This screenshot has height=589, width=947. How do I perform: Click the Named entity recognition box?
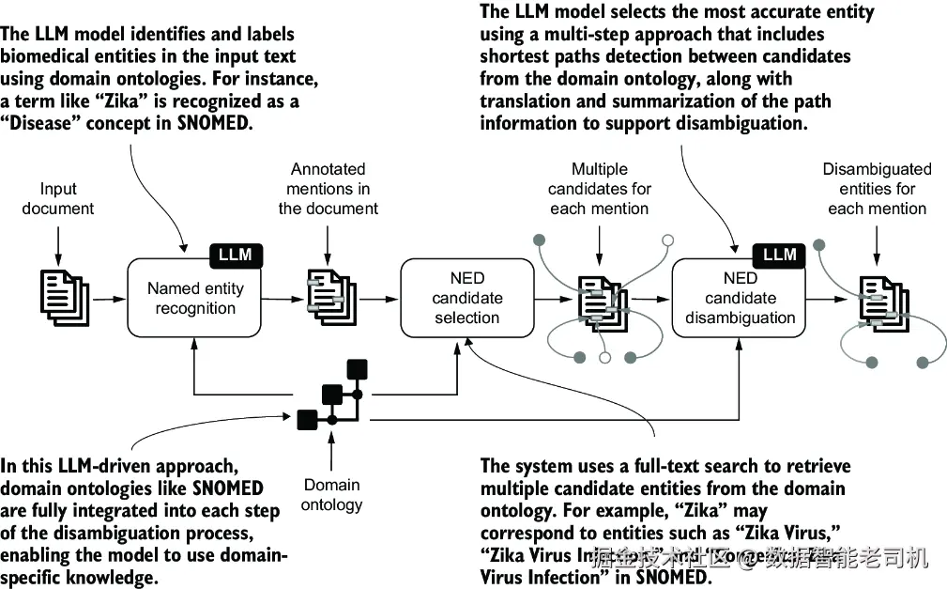195,298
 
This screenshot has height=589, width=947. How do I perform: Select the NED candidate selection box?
466,298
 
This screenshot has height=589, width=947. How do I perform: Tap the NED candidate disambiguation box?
740,298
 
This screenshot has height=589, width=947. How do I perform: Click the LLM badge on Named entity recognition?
235,255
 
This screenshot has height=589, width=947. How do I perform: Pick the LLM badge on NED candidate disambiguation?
779,255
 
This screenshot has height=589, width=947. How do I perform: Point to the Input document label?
58,197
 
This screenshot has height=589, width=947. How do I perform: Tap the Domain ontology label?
331,495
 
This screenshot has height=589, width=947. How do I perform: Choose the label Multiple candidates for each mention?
600,189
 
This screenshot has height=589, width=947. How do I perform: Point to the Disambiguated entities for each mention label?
877,189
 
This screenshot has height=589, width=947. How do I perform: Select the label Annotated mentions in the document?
328,189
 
